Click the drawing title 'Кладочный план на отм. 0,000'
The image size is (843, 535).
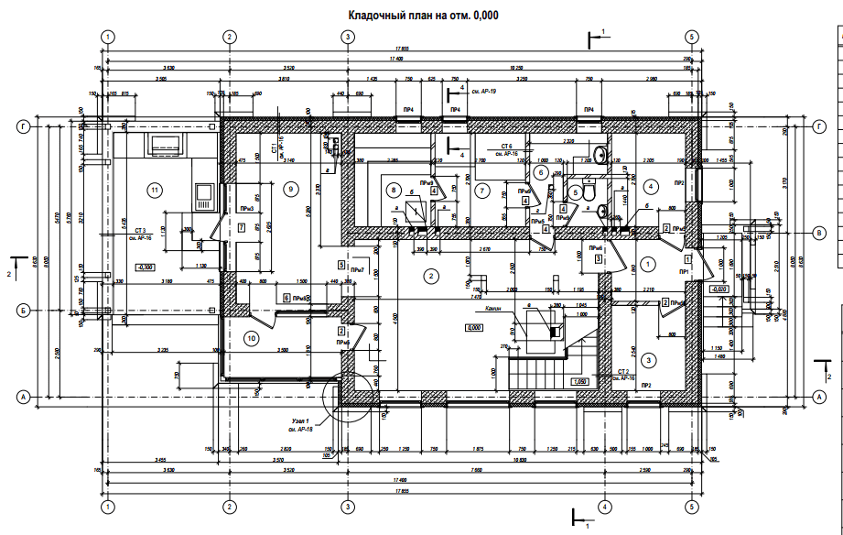click(x=423, y=16)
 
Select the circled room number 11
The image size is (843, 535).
click(x=155, y=190)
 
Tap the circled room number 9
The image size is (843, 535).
click(x=290, y=190)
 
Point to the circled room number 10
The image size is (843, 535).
click(x=252, y=338)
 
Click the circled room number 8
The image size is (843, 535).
click(x=394, y=191)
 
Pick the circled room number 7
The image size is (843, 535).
click(x=481, y=190)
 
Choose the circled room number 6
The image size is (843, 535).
click(x=541, y=171)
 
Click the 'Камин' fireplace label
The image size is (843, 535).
click(x=497, y=309)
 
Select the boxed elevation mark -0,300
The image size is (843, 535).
click(x=144, y=267)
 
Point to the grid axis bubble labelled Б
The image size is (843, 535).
click(x=23, y=311)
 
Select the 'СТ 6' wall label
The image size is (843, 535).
click(x=504, y=147)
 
